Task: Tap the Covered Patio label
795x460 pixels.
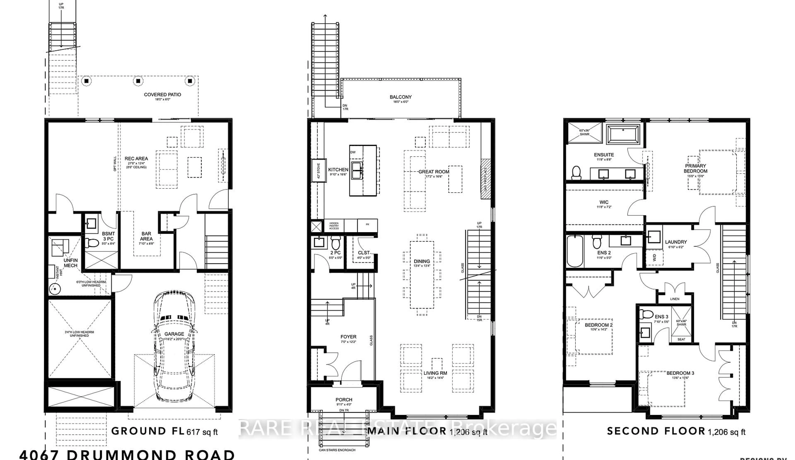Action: point(163,95)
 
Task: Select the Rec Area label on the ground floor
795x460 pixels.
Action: point(136,159)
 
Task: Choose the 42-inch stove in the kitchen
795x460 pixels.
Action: point(318,171)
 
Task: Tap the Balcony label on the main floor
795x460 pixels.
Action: point(401,97)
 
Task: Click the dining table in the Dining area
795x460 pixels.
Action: point(422,275)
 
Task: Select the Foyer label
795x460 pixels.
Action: point(348,337)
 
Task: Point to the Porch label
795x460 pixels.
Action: point(344,400)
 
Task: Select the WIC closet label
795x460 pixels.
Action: point(604,202)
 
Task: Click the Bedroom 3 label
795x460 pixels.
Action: point(680,373)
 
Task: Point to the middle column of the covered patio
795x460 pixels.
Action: point(138,81)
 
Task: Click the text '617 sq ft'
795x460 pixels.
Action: point(202,432)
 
